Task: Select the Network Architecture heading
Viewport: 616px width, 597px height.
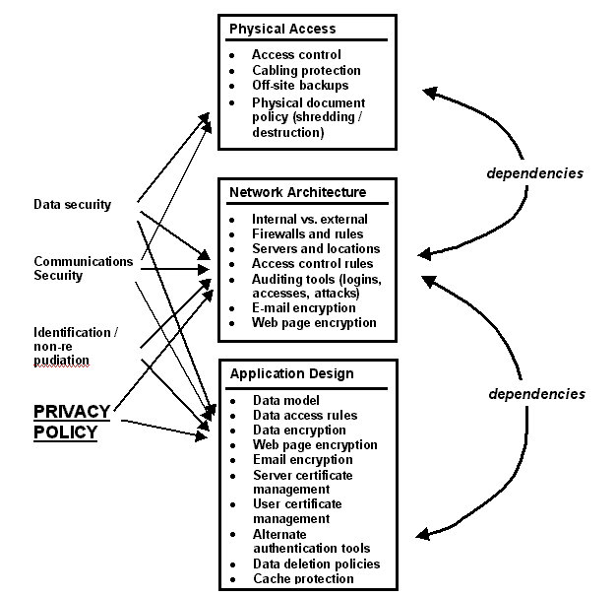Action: pyautogui.click(x=297, y=192)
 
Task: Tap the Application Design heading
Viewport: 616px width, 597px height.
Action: pyautogui.click(x=291, y=373)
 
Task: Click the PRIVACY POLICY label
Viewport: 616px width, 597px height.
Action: pyautogui.click(x=66, y=421)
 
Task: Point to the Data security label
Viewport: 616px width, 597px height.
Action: pyautogui.click(x=72, y=205)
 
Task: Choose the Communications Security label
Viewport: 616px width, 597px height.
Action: pyautogui.click(x=83, y=268)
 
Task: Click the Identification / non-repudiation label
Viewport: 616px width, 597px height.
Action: pyautogui.click(x=76, y=347)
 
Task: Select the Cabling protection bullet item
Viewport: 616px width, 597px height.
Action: pyautogui.click(x=306, y=71)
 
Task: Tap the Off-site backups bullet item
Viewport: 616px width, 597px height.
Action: pyautogui.click(x=300, y=86)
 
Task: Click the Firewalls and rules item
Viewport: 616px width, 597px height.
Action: pyautogui.click(x=307, y=234)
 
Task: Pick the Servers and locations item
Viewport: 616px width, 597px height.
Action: pyautogui.click(x=316, y=249)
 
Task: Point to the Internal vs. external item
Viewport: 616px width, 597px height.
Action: pyautogui.click(x=310, y=219)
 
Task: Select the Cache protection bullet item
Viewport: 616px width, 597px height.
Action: pyautogui.click(x=303, y=578)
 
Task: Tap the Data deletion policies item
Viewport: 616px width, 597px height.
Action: pyautogui.click(x=316, y=564)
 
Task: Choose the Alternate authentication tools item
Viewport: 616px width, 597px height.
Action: pyautogui.click(x=311, y=541)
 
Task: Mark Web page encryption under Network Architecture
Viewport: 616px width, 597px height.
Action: pyautogui.click(x=314, y=322)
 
